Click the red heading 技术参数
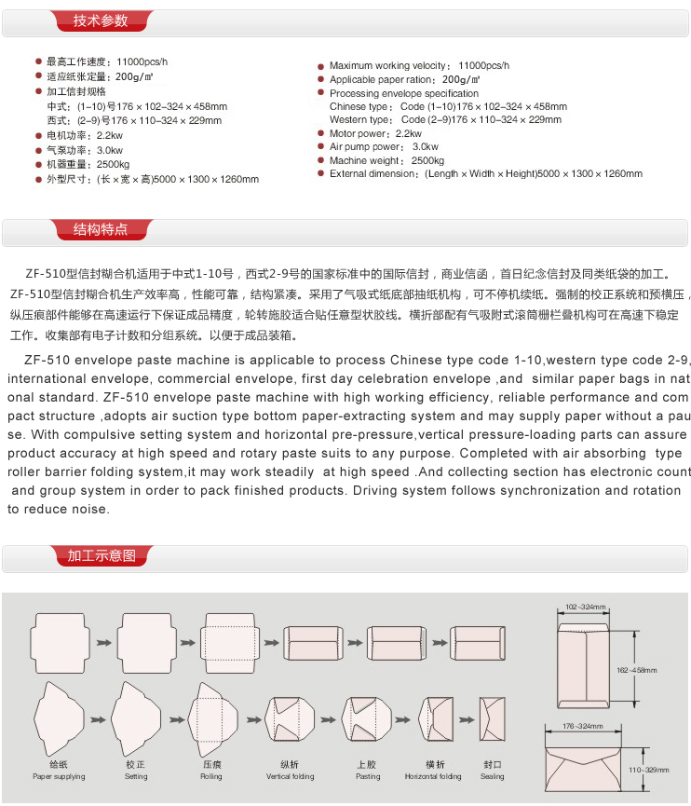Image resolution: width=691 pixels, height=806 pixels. (x=101, y=20)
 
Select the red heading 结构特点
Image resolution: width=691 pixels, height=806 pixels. (x=101, y=229)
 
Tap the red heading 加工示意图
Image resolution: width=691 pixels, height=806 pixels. (x=102, y=556)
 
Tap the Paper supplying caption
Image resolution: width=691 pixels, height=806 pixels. (x=59, y=776)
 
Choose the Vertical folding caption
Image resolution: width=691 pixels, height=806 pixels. (x=291, y=776)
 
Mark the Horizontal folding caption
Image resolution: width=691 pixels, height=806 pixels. (x=433, y=776)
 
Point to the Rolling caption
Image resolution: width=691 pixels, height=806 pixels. (x=211, y=776)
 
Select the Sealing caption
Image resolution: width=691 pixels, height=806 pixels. (x=493, y=776)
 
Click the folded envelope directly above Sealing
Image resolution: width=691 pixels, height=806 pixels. (x=492, y=721)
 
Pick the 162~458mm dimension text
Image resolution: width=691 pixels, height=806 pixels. (x=637, y=669)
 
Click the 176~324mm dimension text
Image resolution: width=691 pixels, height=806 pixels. (x=584, y=726)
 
